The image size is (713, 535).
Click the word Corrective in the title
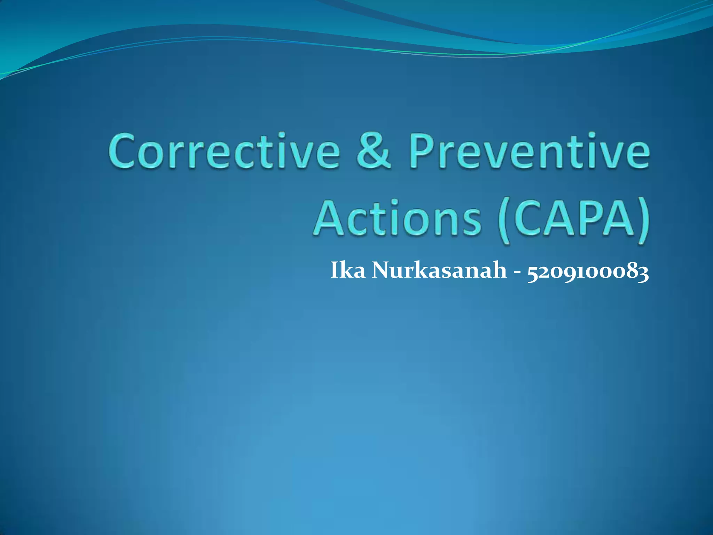[x=224, y=152]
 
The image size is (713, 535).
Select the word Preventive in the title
[x=529, y=152]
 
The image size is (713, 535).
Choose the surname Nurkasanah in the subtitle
[x=439, y=270]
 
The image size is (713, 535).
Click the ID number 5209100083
[x=588, y=272]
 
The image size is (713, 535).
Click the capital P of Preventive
[x=421, y=152]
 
